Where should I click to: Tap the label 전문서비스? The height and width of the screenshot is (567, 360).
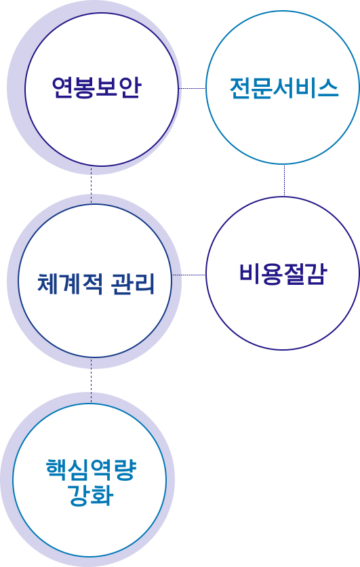click(x=284, y=88)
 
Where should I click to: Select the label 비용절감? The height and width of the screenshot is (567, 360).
click(x=283, y=274)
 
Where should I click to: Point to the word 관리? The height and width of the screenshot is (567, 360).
click(x=133, y=284)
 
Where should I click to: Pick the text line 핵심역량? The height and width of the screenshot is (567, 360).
click(x=91, y=469)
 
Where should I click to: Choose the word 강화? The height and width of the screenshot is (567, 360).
click(x=91, y=494)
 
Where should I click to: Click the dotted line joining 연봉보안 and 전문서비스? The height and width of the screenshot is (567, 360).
click(x=193, y=88)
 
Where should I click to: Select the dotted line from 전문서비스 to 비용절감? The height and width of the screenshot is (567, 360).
click(x=285, y=180)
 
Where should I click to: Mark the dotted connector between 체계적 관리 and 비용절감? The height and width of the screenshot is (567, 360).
click(x=188, y=275)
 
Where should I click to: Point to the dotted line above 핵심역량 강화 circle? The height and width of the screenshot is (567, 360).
click(x=91, y=380)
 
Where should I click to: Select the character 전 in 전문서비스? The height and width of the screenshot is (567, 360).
click(x=241, y=88)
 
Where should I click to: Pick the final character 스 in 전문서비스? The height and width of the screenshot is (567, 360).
click(x=328, y=88)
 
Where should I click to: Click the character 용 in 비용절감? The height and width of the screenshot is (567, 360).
click(x=272, y=274)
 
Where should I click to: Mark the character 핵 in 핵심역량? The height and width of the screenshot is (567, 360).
click(x=57, y=469)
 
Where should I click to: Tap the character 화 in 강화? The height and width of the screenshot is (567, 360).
click(x=103, y=494)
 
